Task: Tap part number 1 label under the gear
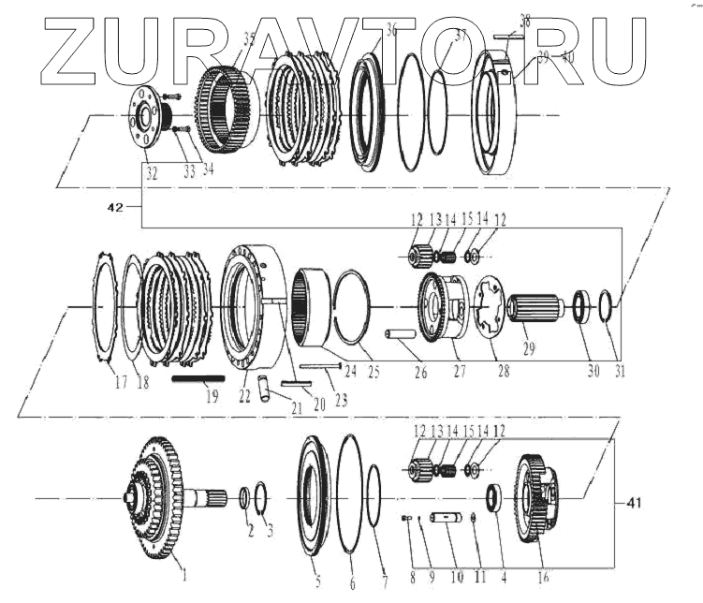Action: [183, 573]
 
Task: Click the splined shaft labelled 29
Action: [534, 309]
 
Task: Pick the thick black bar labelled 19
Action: [198, 378]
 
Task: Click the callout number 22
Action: [246, 397]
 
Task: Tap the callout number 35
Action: [248, 38]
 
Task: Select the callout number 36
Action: [391, 31]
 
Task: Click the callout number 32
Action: [152, 173]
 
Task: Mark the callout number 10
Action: [457, 578]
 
